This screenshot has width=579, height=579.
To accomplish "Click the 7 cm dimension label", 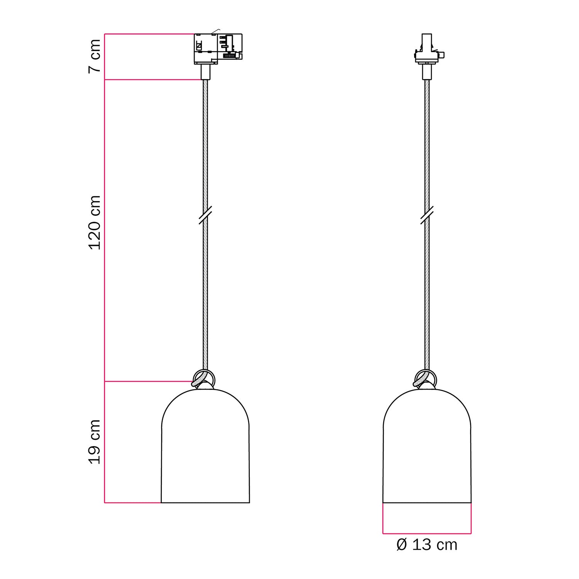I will [95, 56].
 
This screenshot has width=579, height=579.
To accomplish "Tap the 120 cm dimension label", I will [95, 222].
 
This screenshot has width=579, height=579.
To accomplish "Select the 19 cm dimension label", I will [95, 442].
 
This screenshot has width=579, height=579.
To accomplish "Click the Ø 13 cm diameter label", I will [427, 545].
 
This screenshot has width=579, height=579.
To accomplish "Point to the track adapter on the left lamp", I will [217, 48].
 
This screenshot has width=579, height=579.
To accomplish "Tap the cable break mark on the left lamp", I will [205, 215].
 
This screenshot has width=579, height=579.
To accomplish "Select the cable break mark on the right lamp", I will [427, 215].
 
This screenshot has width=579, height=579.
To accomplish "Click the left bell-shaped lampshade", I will [205, 448].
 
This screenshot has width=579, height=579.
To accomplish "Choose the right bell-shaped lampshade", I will [427, 448].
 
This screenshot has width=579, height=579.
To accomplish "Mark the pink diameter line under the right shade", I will [427, 534].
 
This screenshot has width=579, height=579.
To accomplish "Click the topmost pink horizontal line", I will [149, 34].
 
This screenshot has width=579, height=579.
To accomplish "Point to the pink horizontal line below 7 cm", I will [152, 80].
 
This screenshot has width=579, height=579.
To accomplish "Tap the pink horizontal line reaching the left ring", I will [149, 381].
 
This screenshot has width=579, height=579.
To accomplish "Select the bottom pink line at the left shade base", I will [132, 503].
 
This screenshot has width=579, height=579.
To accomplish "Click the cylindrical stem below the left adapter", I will [205, 72].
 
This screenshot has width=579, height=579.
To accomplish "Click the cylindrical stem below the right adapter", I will [427, 72].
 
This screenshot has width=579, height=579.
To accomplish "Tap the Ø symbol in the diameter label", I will [402, 545].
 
